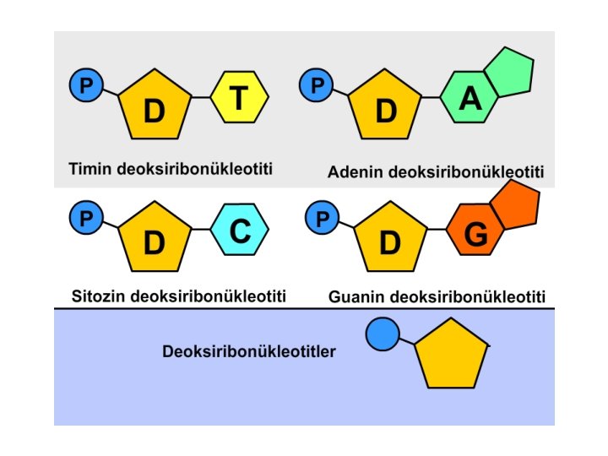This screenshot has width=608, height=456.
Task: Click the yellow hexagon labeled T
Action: tap(239, 99)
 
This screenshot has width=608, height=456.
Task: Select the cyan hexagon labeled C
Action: tap(240, 231)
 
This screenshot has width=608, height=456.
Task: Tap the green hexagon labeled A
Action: tap(470, 100)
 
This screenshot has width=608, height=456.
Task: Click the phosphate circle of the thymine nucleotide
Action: tap(85, 84)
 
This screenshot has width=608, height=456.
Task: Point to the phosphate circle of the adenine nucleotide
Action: tap(318, 84)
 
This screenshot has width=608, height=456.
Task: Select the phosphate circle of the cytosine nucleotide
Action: tap(85, 217)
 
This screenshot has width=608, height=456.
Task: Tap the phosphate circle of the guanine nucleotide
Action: tap(321, 219)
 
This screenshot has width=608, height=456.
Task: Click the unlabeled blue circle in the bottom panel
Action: tap(382, 334)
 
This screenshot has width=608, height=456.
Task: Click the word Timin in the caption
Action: tap(87, 168)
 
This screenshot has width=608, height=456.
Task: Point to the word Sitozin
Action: tap(97, 296)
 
